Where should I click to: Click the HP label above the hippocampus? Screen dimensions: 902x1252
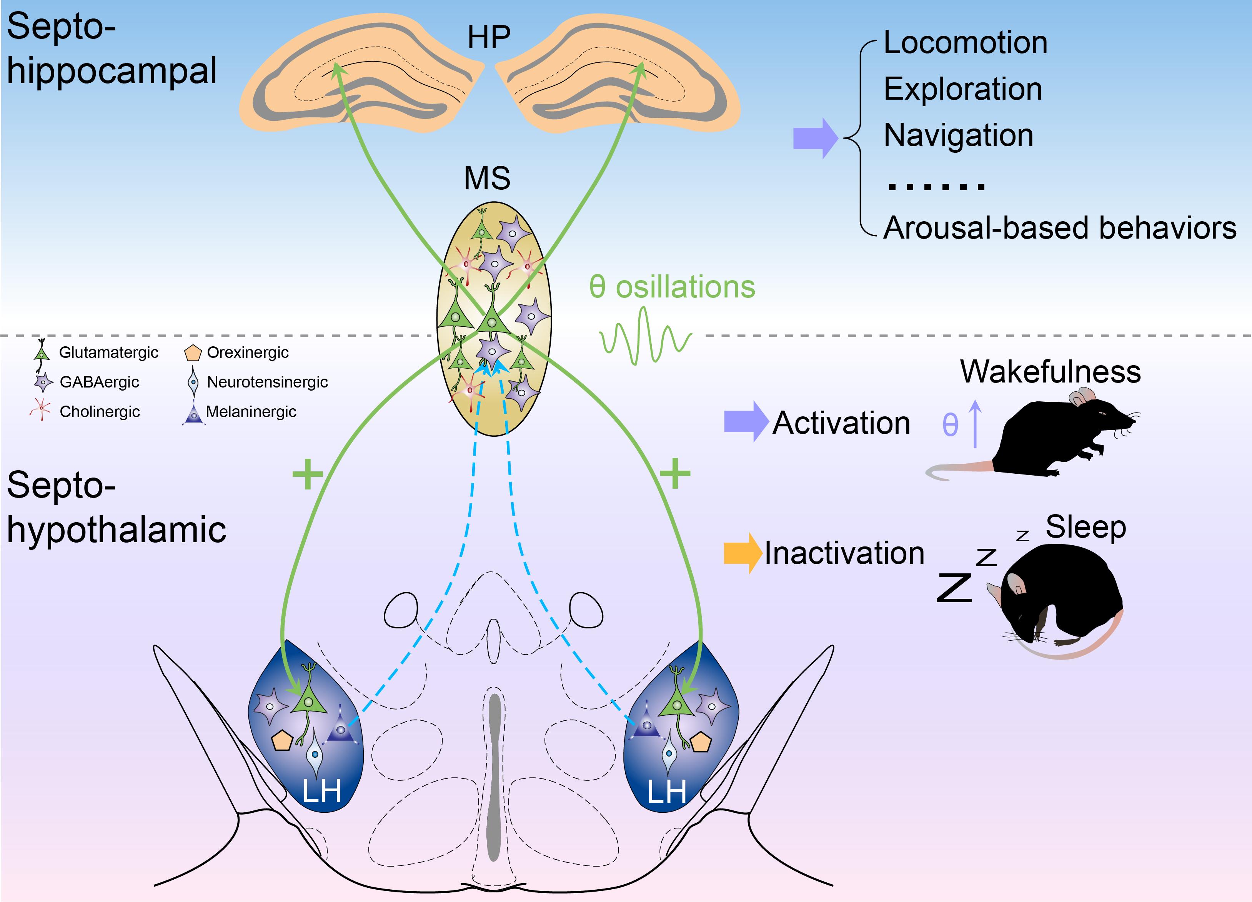coord(489,38)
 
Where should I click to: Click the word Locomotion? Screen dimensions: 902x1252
coord(965,43)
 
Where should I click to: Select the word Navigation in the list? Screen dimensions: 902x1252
coord(958,135)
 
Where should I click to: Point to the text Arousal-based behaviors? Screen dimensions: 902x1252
coord(1059,227)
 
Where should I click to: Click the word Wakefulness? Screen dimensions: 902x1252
coord(1050,372)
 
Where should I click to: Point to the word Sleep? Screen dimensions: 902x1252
coord(1085,527)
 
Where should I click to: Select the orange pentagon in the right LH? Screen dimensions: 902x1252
coord(701,742)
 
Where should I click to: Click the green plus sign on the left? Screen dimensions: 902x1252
coord(308,474)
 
